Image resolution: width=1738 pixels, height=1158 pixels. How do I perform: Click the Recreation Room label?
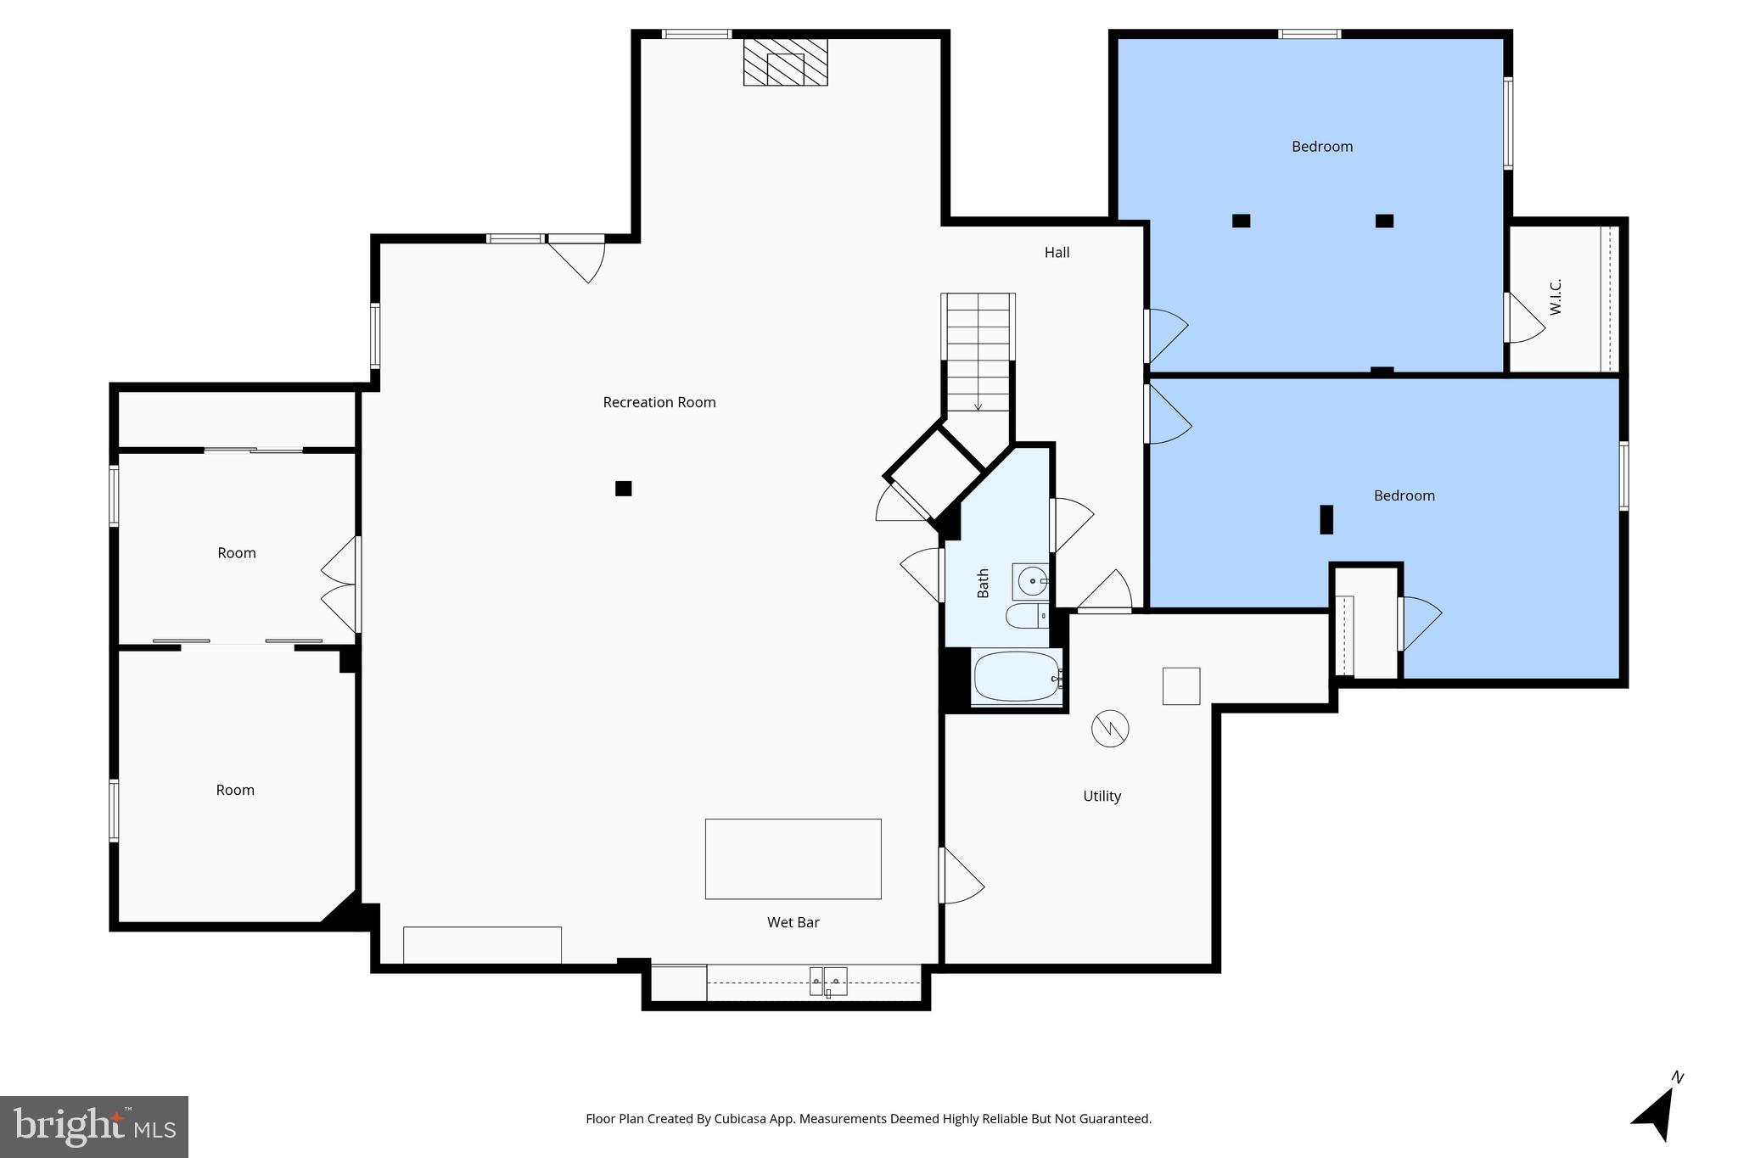pos(659,402)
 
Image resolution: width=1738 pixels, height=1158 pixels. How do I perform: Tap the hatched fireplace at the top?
pos(785,61)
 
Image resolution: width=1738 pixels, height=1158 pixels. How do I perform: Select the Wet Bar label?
pos(793,922)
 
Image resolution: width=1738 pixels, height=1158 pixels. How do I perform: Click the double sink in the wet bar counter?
pos(827,982)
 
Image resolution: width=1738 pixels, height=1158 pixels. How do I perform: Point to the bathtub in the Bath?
pos(1016,676)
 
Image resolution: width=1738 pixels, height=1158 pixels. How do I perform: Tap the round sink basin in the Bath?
pos(1033,581)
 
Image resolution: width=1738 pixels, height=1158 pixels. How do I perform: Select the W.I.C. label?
pos(1556,297)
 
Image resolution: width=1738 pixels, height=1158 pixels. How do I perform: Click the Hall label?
pos(1057,252)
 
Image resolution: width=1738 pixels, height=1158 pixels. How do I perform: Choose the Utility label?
pos(1102,796)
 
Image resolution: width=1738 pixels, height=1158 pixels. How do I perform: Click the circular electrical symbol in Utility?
pos(1110,728)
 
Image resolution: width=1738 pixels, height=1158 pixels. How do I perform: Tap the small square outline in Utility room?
pos(1180,685)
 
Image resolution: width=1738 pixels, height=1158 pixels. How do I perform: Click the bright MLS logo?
pos(94,1127)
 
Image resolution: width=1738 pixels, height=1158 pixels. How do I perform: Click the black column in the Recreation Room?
pos(623,489)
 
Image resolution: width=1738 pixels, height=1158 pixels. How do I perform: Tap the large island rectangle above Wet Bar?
pos(793,859)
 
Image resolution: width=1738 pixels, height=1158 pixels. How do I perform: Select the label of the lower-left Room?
pos(235,790)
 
